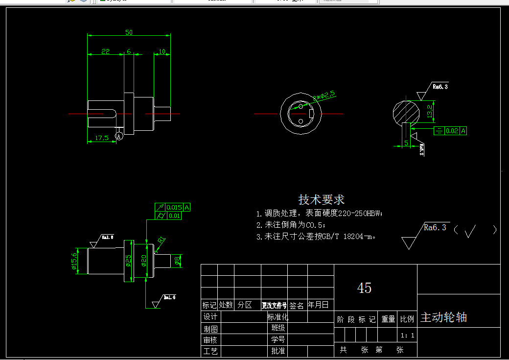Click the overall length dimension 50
coord(129,32)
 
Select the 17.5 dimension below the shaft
coord(102,138)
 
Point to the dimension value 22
coord(105,51)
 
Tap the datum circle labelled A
coord(119,137)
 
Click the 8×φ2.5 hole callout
coord(324,95)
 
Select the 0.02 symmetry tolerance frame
coord(453,131)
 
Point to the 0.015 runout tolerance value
coord(174,207)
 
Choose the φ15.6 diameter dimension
coord(74,261)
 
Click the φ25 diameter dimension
coord(128,261)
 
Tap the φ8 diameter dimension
coord(177,262)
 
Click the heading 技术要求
coord(322,200)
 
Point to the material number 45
coord(365,288)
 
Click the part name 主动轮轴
coord(443,317)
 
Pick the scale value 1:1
coord(407,336)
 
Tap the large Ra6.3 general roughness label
coord(435,227)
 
